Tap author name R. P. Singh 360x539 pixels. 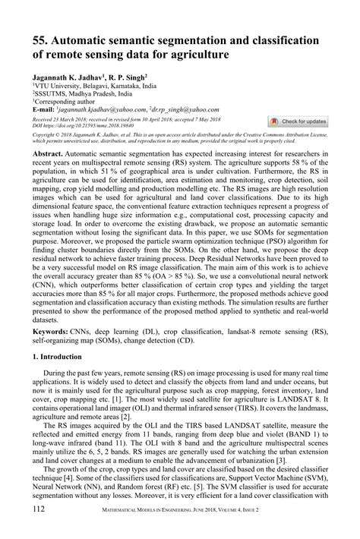coord(125,78)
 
